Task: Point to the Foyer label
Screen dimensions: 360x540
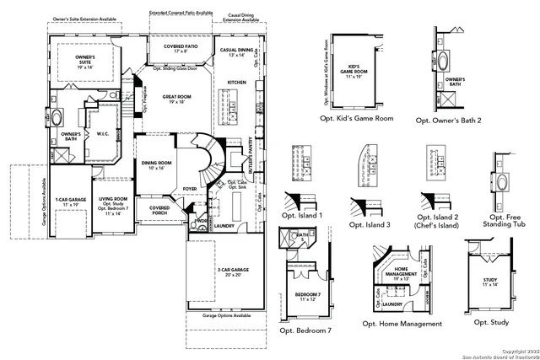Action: pos(191,188)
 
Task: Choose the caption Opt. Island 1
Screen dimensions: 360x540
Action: pos(302,214)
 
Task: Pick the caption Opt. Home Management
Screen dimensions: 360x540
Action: pos(402,324)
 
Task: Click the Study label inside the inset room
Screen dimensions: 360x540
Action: pos(490,282)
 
